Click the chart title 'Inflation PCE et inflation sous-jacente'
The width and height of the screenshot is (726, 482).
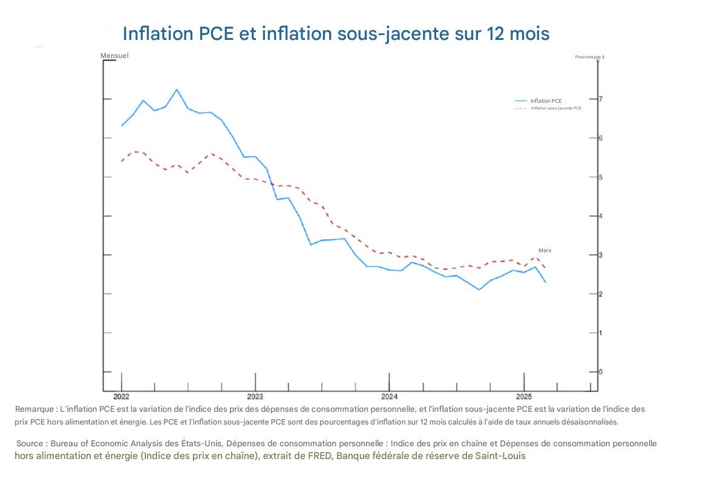click(336, 34)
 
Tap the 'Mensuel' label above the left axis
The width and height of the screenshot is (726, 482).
click(114, 56)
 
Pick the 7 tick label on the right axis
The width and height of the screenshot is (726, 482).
click(601, 99)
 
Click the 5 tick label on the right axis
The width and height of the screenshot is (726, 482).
click(601, 177)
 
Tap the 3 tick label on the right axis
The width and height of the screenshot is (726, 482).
click(601, 255)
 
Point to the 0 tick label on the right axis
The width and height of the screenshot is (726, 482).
click(601, 371)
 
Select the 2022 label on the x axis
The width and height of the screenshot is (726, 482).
click(122, 397)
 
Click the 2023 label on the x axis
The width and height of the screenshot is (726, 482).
click(255, 397)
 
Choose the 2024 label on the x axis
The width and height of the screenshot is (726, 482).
click(389, 397)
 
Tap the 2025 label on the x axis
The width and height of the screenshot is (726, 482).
click(523, 397)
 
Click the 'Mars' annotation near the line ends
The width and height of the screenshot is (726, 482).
click(544, 250)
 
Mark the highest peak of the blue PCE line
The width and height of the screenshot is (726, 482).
click(177, 90)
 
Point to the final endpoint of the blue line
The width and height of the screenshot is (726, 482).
click(546, 282)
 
